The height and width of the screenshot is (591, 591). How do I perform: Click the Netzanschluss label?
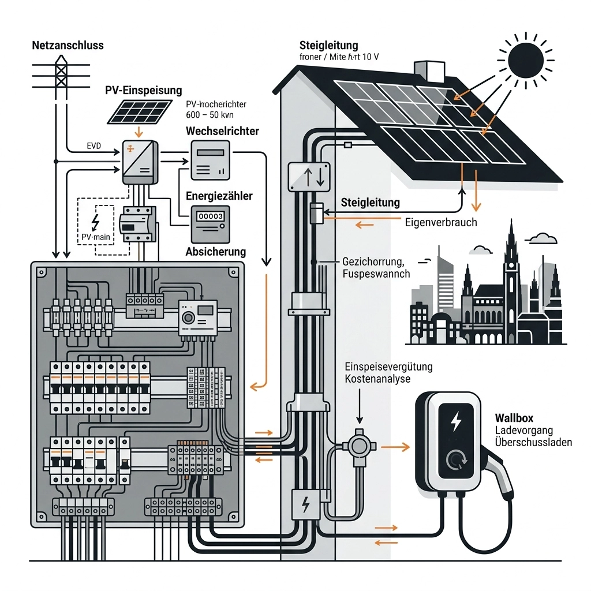coord(68,45)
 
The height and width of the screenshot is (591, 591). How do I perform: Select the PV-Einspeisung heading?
coord(144,91)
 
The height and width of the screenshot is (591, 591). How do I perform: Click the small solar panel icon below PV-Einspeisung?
coord(140,111)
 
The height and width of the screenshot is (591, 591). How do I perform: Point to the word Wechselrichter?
coord(222,132)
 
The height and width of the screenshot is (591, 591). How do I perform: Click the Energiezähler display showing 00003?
coord(211,216)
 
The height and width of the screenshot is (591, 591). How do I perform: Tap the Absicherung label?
coord(216,252)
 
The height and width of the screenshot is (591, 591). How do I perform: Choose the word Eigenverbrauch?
coord(441,222)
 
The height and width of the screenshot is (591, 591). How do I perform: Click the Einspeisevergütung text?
coord(388,368)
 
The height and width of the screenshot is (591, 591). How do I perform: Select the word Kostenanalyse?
coord(377,380)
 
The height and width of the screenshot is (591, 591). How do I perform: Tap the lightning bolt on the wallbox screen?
coord(456,421)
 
